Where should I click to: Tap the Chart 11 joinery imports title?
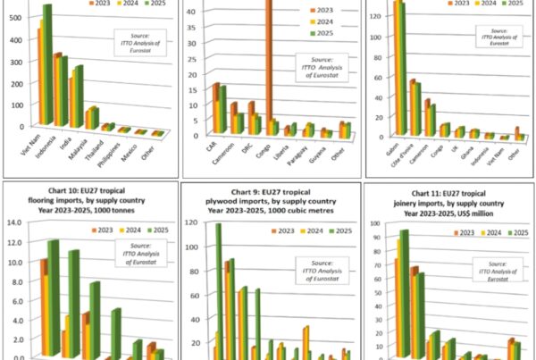pos(448,197)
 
